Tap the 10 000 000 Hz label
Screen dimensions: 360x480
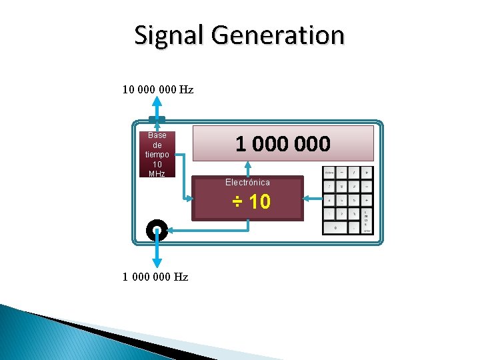158,89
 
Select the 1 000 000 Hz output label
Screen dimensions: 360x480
155,277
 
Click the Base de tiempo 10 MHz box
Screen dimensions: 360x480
157,154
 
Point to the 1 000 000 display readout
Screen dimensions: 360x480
283,143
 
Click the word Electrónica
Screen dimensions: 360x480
247,182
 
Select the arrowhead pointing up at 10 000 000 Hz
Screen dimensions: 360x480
157,102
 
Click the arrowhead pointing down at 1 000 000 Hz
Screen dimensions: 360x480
157,263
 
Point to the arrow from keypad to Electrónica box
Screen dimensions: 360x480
312,199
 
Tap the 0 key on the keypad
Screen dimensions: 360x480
335,227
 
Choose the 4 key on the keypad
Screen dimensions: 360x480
329,199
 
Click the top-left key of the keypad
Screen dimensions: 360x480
329,172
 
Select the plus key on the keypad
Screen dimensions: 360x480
367,199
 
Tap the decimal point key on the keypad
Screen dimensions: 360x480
354,227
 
